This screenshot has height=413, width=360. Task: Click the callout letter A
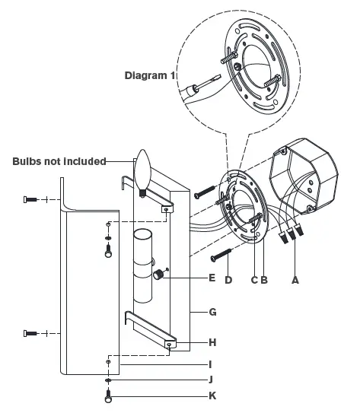pos(295,279)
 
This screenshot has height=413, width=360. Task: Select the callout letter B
pos(263,279)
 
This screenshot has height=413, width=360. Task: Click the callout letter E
pos(212,278)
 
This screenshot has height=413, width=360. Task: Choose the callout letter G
pos(212,312)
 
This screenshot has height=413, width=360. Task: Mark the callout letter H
pos(212,342)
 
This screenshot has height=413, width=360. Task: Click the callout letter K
pos(212,396)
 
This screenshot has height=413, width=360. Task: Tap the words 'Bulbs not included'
pos(59,161)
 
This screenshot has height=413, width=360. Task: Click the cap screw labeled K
pos(109,395)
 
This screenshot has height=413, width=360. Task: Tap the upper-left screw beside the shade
pos(30,199)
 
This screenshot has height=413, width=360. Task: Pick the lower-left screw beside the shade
pos(30,332)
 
